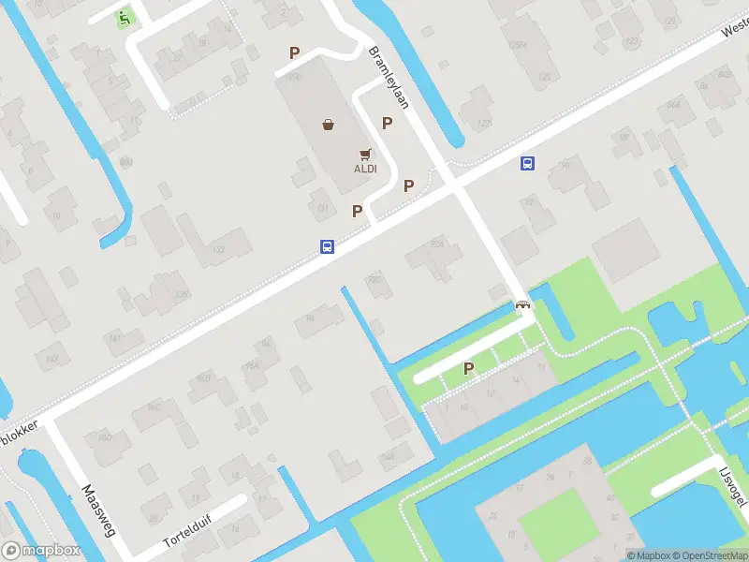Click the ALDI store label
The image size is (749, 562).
[364, 169]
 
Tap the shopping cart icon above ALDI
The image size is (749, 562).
[364, 155]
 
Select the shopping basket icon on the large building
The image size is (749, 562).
[329, 124]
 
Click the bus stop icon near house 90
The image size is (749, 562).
[528, 163]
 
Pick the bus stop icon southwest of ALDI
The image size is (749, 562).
[328, 247]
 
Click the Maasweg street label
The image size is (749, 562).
[97, 510]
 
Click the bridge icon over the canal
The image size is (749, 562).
[522, 304]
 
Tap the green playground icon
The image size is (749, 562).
[125, 16]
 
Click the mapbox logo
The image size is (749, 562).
[41, 551]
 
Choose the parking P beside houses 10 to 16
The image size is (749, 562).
[468, 369]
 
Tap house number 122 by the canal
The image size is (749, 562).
[483, 124]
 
